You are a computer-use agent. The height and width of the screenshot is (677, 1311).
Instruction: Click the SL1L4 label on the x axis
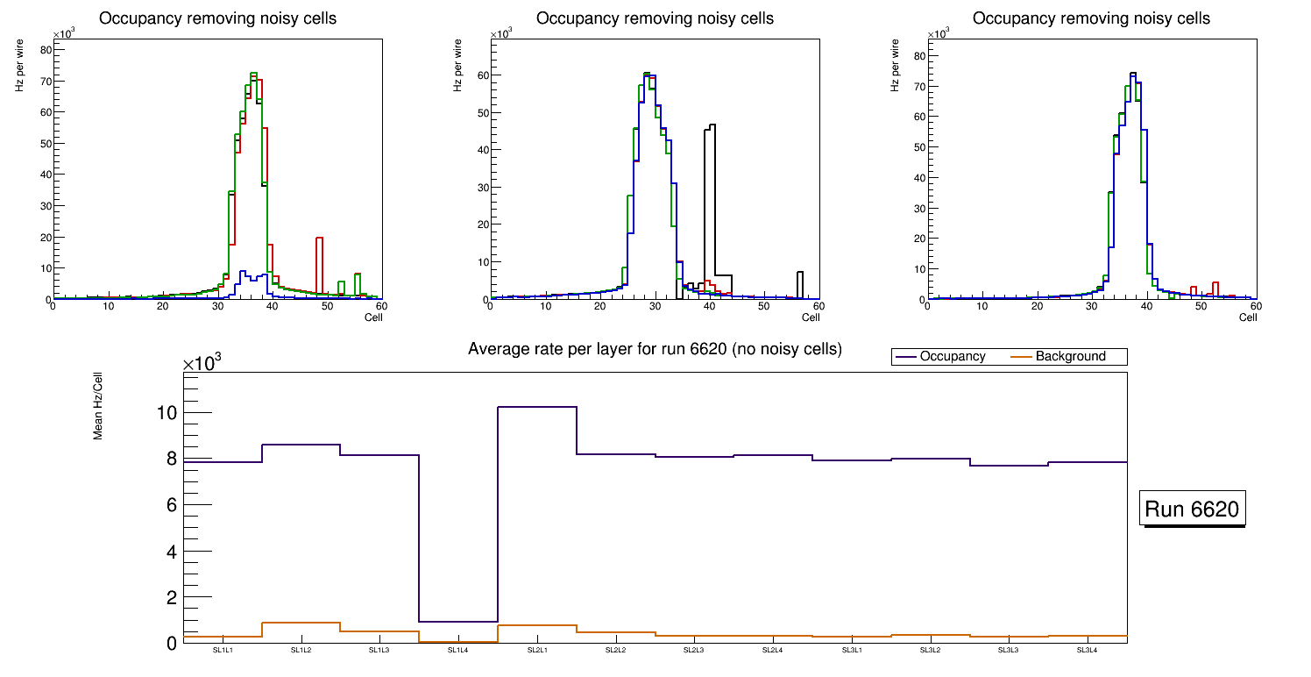(458, 651)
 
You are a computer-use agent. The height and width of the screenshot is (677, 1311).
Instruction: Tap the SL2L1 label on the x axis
(537, 651)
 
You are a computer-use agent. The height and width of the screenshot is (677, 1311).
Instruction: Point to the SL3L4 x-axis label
(1088, 651)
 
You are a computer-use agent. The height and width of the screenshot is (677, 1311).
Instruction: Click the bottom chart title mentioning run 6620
(655, 349)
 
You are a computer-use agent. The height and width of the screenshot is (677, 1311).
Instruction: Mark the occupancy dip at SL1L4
(458, 622)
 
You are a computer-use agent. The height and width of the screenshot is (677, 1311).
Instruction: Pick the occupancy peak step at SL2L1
(537, 407)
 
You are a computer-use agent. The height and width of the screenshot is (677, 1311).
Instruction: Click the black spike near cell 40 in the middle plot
(711, 128)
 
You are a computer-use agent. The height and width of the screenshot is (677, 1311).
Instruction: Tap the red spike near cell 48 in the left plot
(320, 239)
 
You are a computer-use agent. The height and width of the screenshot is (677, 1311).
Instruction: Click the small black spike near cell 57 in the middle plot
(800, 274)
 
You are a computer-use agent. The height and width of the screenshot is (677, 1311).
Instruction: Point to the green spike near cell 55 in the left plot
(358, 274)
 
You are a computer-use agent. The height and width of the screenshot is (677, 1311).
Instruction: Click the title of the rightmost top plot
(1091, 18)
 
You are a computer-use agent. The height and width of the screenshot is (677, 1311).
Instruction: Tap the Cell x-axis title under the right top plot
(1248, 317)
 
